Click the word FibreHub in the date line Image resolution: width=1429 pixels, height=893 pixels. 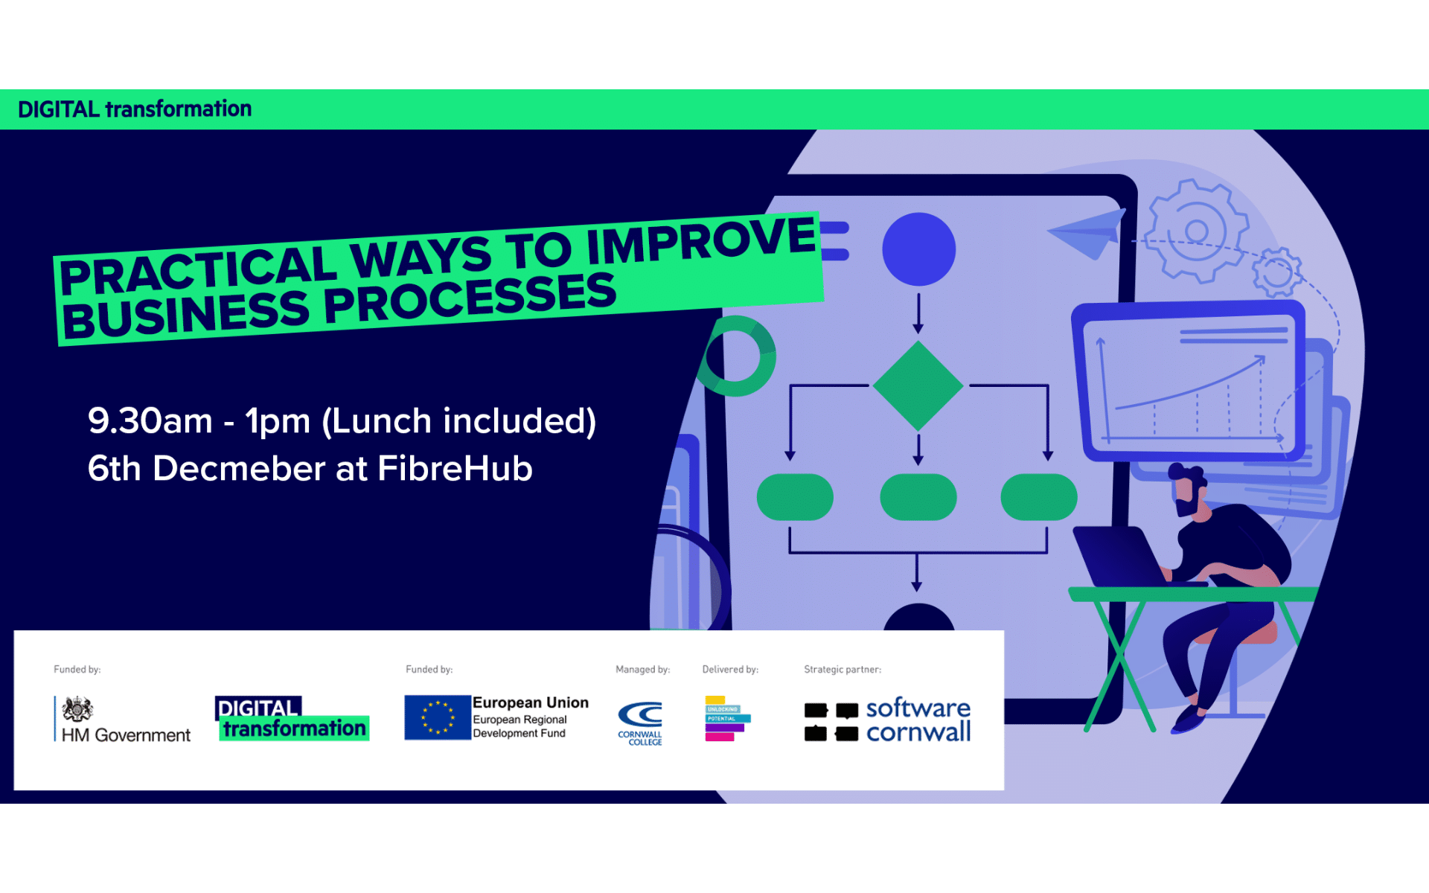click(x=455, y=469)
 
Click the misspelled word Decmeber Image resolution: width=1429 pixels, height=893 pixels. click(x=239, y=469)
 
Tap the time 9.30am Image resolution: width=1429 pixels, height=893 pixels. click(x=150, y=421)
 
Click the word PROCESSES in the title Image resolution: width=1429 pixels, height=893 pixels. click(x=470, y=299)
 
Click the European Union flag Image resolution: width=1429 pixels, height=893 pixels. click(x=438, y=717)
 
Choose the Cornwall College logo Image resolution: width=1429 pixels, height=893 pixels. click(x=640, y=723)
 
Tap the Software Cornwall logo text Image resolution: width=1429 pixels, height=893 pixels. click(x=918, y=720)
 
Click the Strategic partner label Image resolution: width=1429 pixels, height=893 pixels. click(x=842, y=670)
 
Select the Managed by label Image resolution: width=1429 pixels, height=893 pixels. click(x=642, y=670)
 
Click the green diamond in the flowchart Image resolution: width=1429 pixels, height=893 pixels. click(x=918, y=385)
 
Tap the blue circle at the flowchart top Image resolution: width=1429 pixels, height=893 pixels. click(x=918, y=249)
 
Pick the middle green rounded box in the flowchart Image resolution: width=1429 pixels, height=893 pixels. click(x=918, y=497)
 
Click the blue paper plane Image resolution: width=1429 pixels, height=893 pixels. click(x=1088, y=233)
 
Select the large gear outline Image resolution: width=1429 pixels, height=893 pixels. click(x=1195, y=231)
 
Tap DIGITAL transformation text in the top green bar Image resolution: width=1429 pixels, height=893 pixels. click(x=135, y=109)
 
